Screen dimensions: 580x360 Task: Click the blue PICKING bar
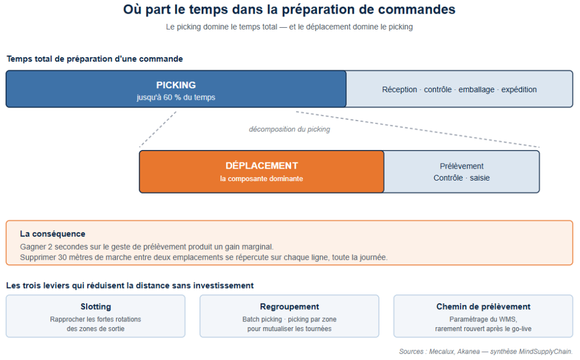coord(176,89)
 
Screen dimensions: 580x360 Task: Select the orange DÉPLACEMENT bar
coord(262,172)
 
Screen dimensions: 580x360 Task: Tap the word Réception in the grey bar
coord(399,89)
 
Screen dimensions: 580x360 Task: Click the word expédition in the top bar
coord(519,89)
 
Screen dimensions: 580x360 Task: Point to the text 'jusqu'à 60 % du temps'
coord(176,97)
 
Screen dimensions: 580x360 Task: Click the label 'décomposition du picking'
coord(289,129)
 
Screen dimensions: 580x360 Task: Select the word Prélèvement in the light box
coord(462,166)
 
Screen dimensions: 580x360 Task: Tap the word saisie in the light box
coord(480,178)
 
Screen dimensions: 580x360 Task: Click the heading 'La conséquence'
coord(53,234)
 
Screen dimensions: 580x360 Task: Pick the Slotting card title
coord(96,306)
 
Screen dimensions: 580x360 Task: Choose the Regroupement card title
coord(289,306)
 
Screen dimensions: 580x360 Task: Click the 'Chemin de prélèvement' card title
coord(483,306)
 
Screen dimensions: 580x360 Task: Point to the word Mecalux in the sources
coord(441,352)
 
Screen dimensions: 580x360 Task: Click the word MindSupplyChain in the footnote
coord(545,352)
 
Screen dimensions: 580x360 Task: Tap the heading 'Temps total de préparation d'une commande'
coord(95,59)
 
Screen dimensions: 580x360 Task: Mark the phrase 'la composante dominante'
coord(262,178)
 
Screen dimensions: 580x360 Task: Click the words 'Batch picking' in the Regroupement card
coord(262,319)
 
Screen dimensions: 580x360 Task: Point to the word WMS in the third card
coord(508,319)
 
